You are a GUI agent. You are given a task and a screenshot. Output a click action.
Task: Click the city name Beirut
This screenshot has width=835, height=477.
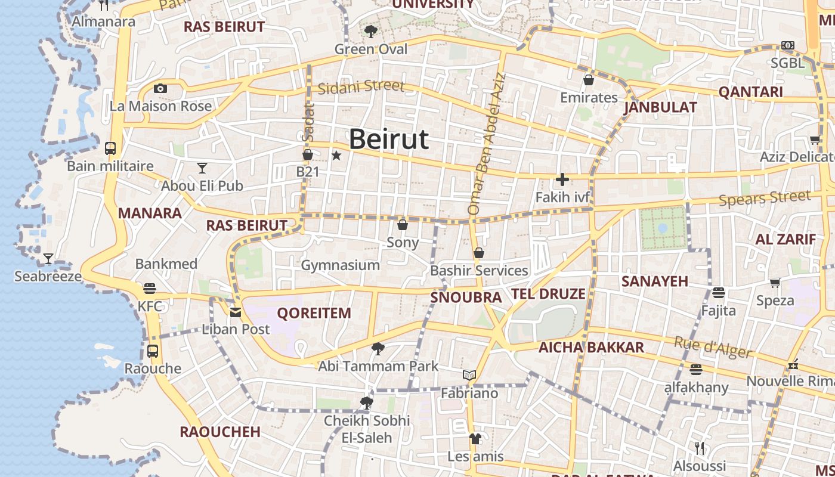[388, 140]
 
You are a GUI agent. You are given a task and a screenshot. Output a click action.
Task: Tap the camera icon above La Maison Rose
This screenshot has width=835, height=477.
[160, 89]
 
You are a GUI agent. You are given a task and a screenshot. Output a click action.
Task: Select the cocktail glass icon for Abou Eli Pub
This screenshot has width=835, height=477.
[202, 168]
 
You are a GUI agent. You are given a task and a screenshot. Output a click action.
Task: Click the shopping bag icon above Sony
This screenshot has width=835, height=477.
[403, 225]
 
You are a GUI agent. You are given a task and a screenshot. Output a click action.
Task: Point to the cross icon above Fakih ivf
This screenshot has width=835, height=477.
[562, 179]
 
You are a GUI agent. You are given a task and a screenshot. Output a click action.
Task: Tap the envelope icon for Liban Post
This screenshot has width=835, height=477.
[236, 312]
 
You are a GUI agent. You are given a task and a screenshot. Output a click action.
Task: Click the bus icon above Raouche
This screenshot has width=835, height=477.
[153, 351]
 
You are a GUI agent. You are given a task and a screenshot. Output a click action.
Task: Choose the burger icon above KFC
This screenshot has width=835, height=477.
[150, 289]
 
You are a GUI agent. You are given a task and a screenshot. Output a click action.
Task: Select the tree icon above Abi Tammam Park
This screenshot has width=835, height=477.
[378, 348]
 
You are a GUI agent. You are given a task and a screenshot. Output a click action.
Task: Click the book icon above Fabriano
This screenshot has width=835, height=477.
[469, 376]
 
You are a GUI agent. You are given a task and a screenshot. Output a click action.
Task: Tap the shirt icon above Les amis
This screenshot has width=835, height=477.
[475, 439]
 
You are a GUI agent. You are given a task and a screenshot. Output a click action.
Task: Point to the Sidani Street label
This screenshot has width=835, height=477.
[361, 87]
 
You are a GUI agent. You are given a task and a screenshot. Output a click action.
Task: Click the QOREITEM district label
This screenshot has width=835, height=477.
[314, 313]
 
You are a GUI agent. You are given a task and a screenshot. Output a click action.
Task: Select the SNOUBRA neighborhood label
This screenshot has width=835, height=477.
[466, 297]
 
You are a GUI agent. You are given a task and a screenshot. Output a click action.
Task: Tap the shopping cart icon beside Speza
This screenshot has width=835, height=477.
[775, 283]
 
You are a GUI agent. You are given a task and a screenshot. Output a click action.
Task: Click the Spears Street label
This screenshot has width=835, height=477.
[765, 197]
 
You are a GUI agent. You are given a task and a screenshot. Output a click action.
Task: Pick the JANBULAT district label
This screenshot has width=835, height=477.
[660, 107]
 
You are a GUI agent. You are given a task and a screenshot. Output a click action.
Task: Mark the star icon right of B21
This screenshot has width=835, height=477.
[336, 156]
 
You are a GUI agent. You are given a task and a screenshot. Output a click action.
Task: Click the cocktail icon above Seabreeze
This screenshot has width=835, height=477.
[48, 259]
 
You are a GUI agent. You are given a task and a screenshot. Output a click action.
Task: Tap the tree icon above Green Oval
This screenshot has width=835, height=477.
[370, 31]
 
